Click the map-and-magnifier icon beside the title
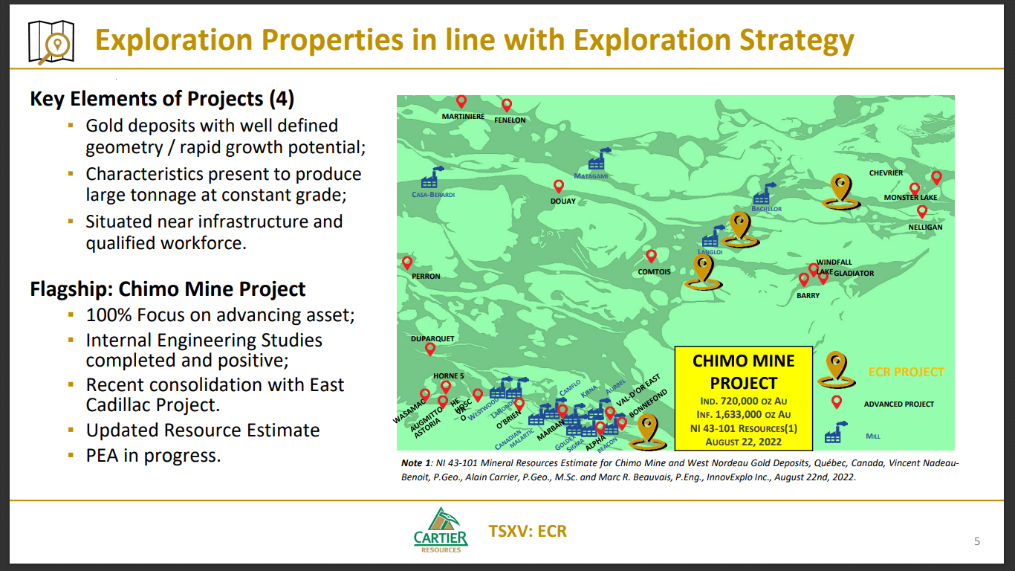[51, 41]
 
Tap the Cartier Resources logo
[441, 530]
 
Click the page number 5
[977, 541]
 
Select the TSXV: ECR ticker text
[528, 531]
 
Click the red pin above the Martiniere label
[461, 102]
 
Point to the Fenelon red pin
[507, 106]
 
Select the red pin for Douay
[558, 187]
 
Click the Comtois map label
[654, 271]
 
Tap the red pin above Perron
[407, 263]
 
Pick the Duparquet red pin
[429, 349]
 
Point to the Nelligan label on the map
[925, 227]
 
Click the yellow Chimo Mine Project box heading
[743, 372]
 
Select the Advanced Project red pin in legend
[836, 402]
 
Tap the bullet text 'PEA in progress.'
[153, 455]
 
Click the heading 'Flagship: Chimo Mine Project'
[168, 288]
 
